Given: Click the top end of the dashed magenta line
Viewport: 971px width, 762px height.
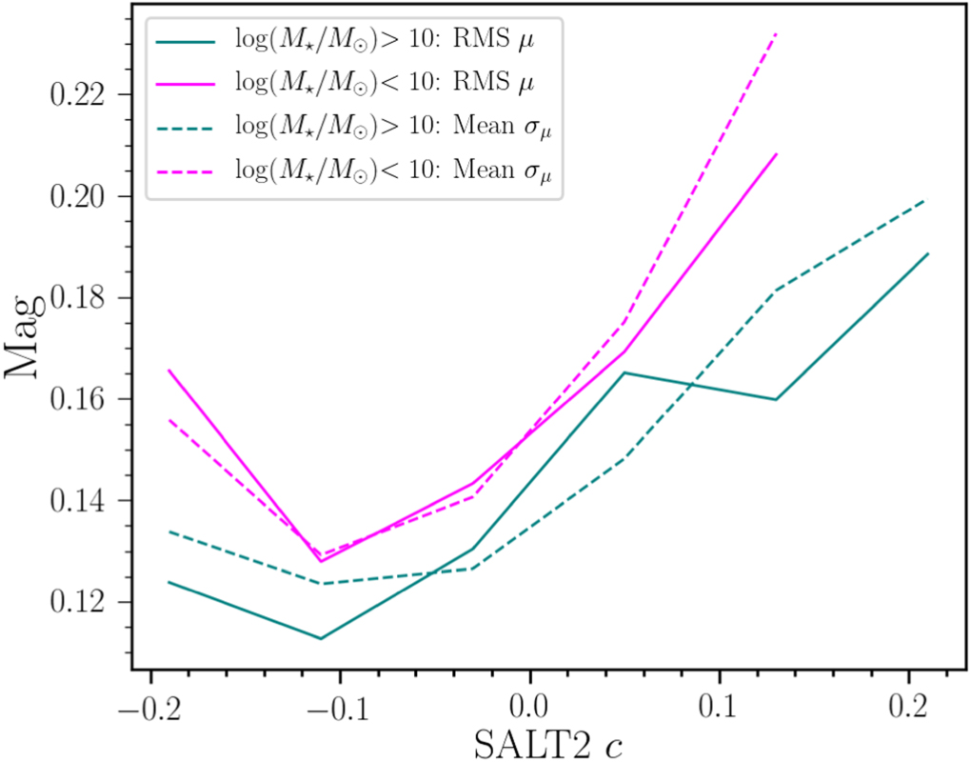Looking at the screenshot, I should point(777,34).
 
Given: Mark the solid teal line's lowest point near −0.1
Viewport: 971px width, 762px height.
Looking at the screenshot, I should point(320,638).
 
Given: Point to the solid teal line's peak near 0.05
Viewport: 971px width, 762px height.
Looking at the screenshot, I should point(624,372).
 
